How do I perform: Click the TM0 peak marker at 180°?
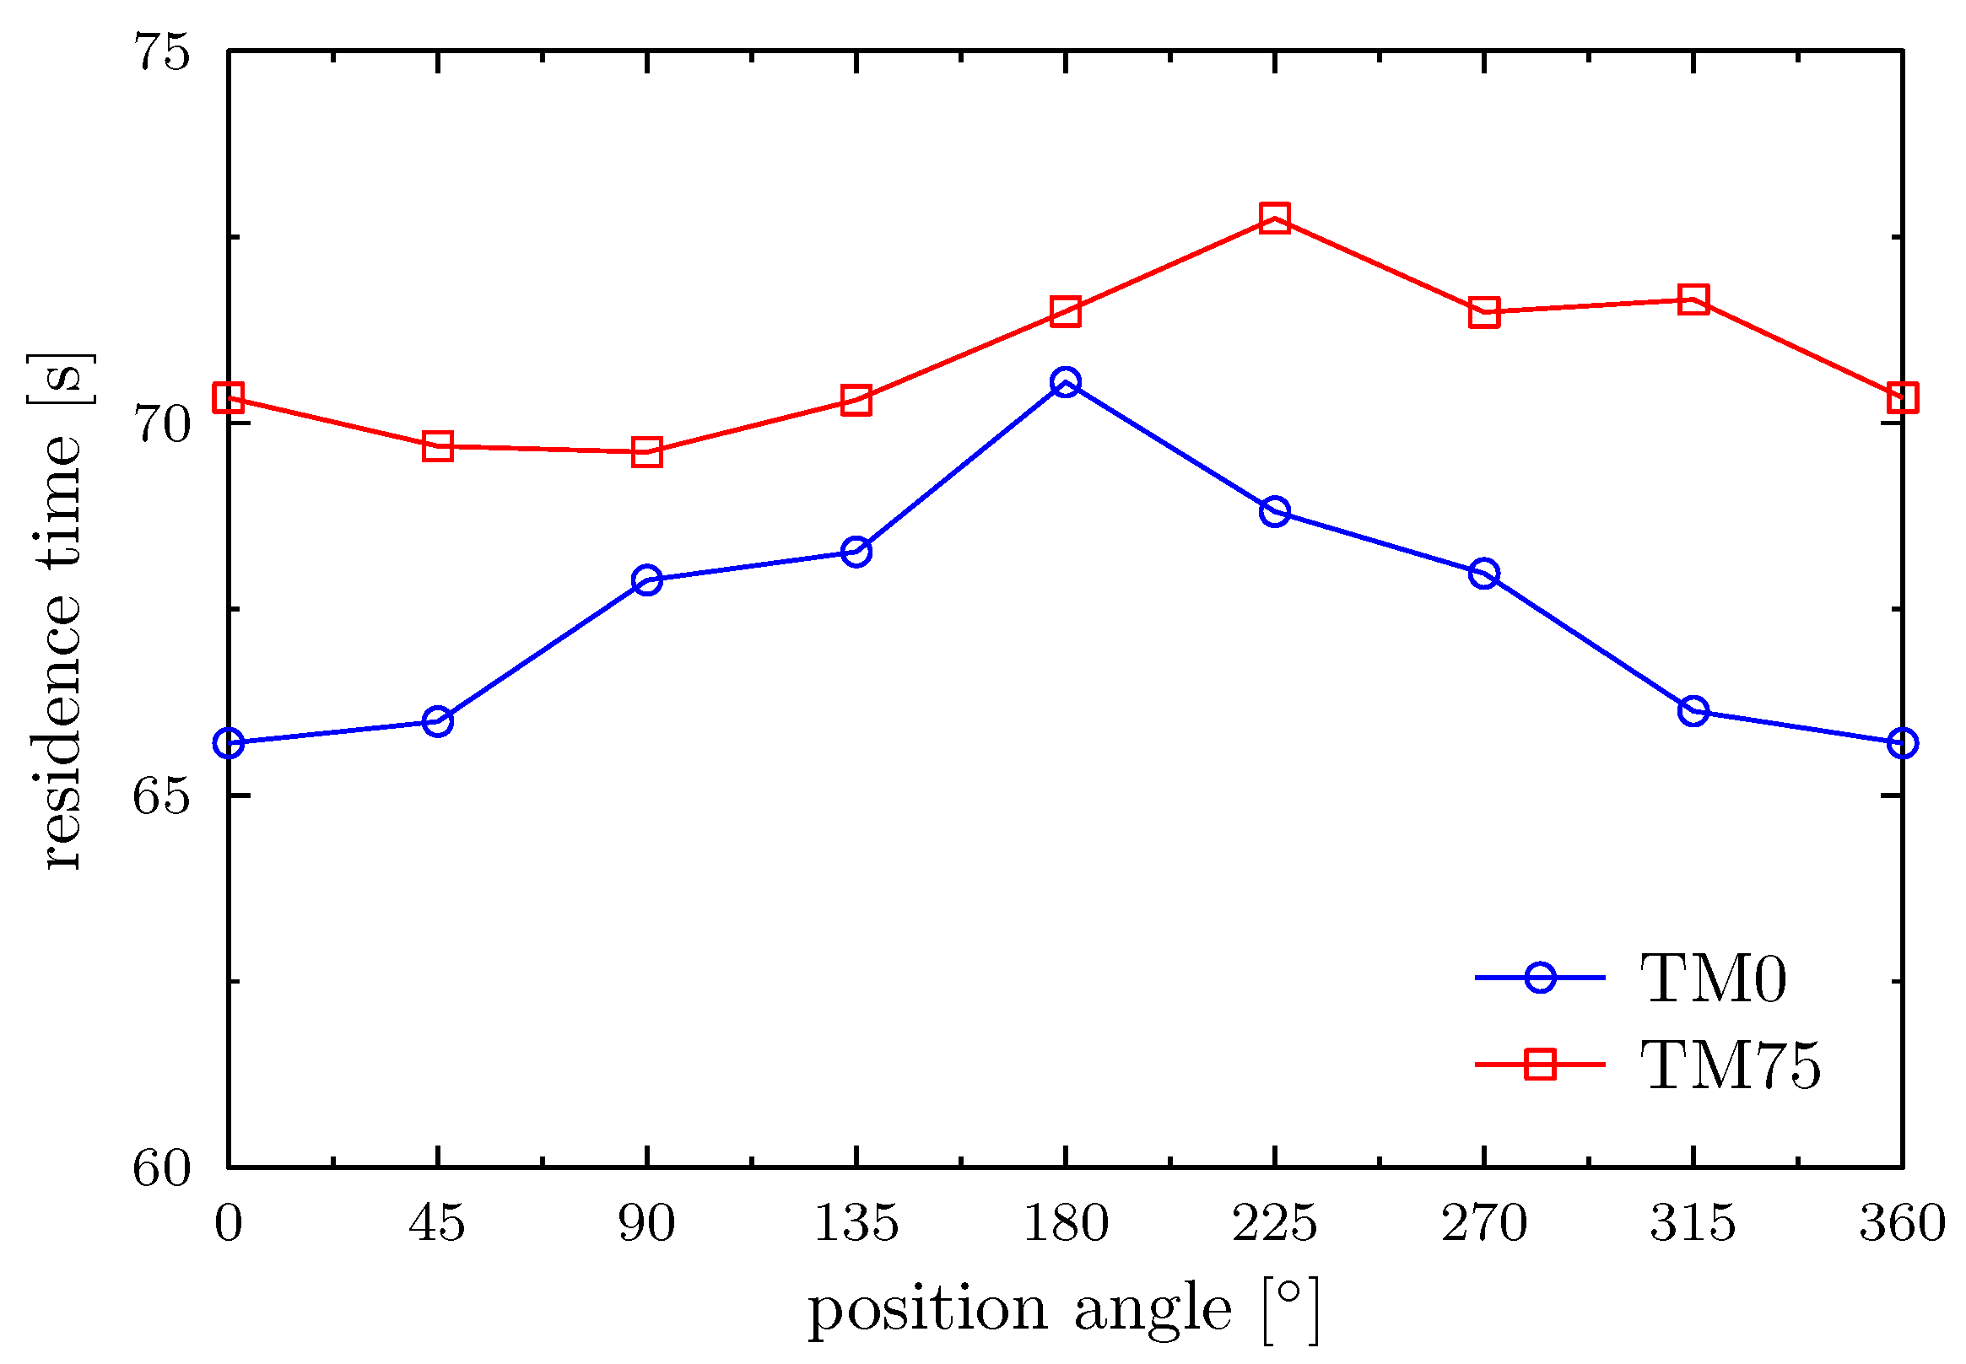coord(1065,382)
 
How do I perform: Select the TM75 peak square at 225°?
coord(1274,218)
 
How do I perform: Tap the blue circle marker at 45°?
coord(437,721)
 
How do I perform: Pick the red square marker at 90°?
coord(647,452)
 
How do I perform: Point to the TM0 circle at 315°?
coord(1693,710)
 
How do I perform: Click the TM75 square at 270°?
coord(1484,312)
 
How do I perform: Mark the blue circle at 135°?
coord(856,552)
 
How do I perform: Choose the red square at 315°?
coord(1693,300)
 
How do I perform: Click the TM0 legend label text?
coord(1713,979)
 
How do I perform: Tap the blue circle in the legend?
coord(1539,977)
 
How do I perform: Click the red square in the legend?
coord(1539,1065)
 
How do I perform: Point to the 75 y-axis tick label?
coord(160,53)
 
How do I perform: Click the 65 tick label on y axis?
coord(160,796)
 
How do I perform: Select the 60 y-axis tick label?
coord(160,1167)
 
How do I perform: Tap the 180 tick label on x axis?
coord(1065,1223)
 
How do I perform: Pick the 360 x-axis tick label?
coord(1902,1223)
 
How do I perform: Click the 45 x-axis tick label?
coord(437,1223)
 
